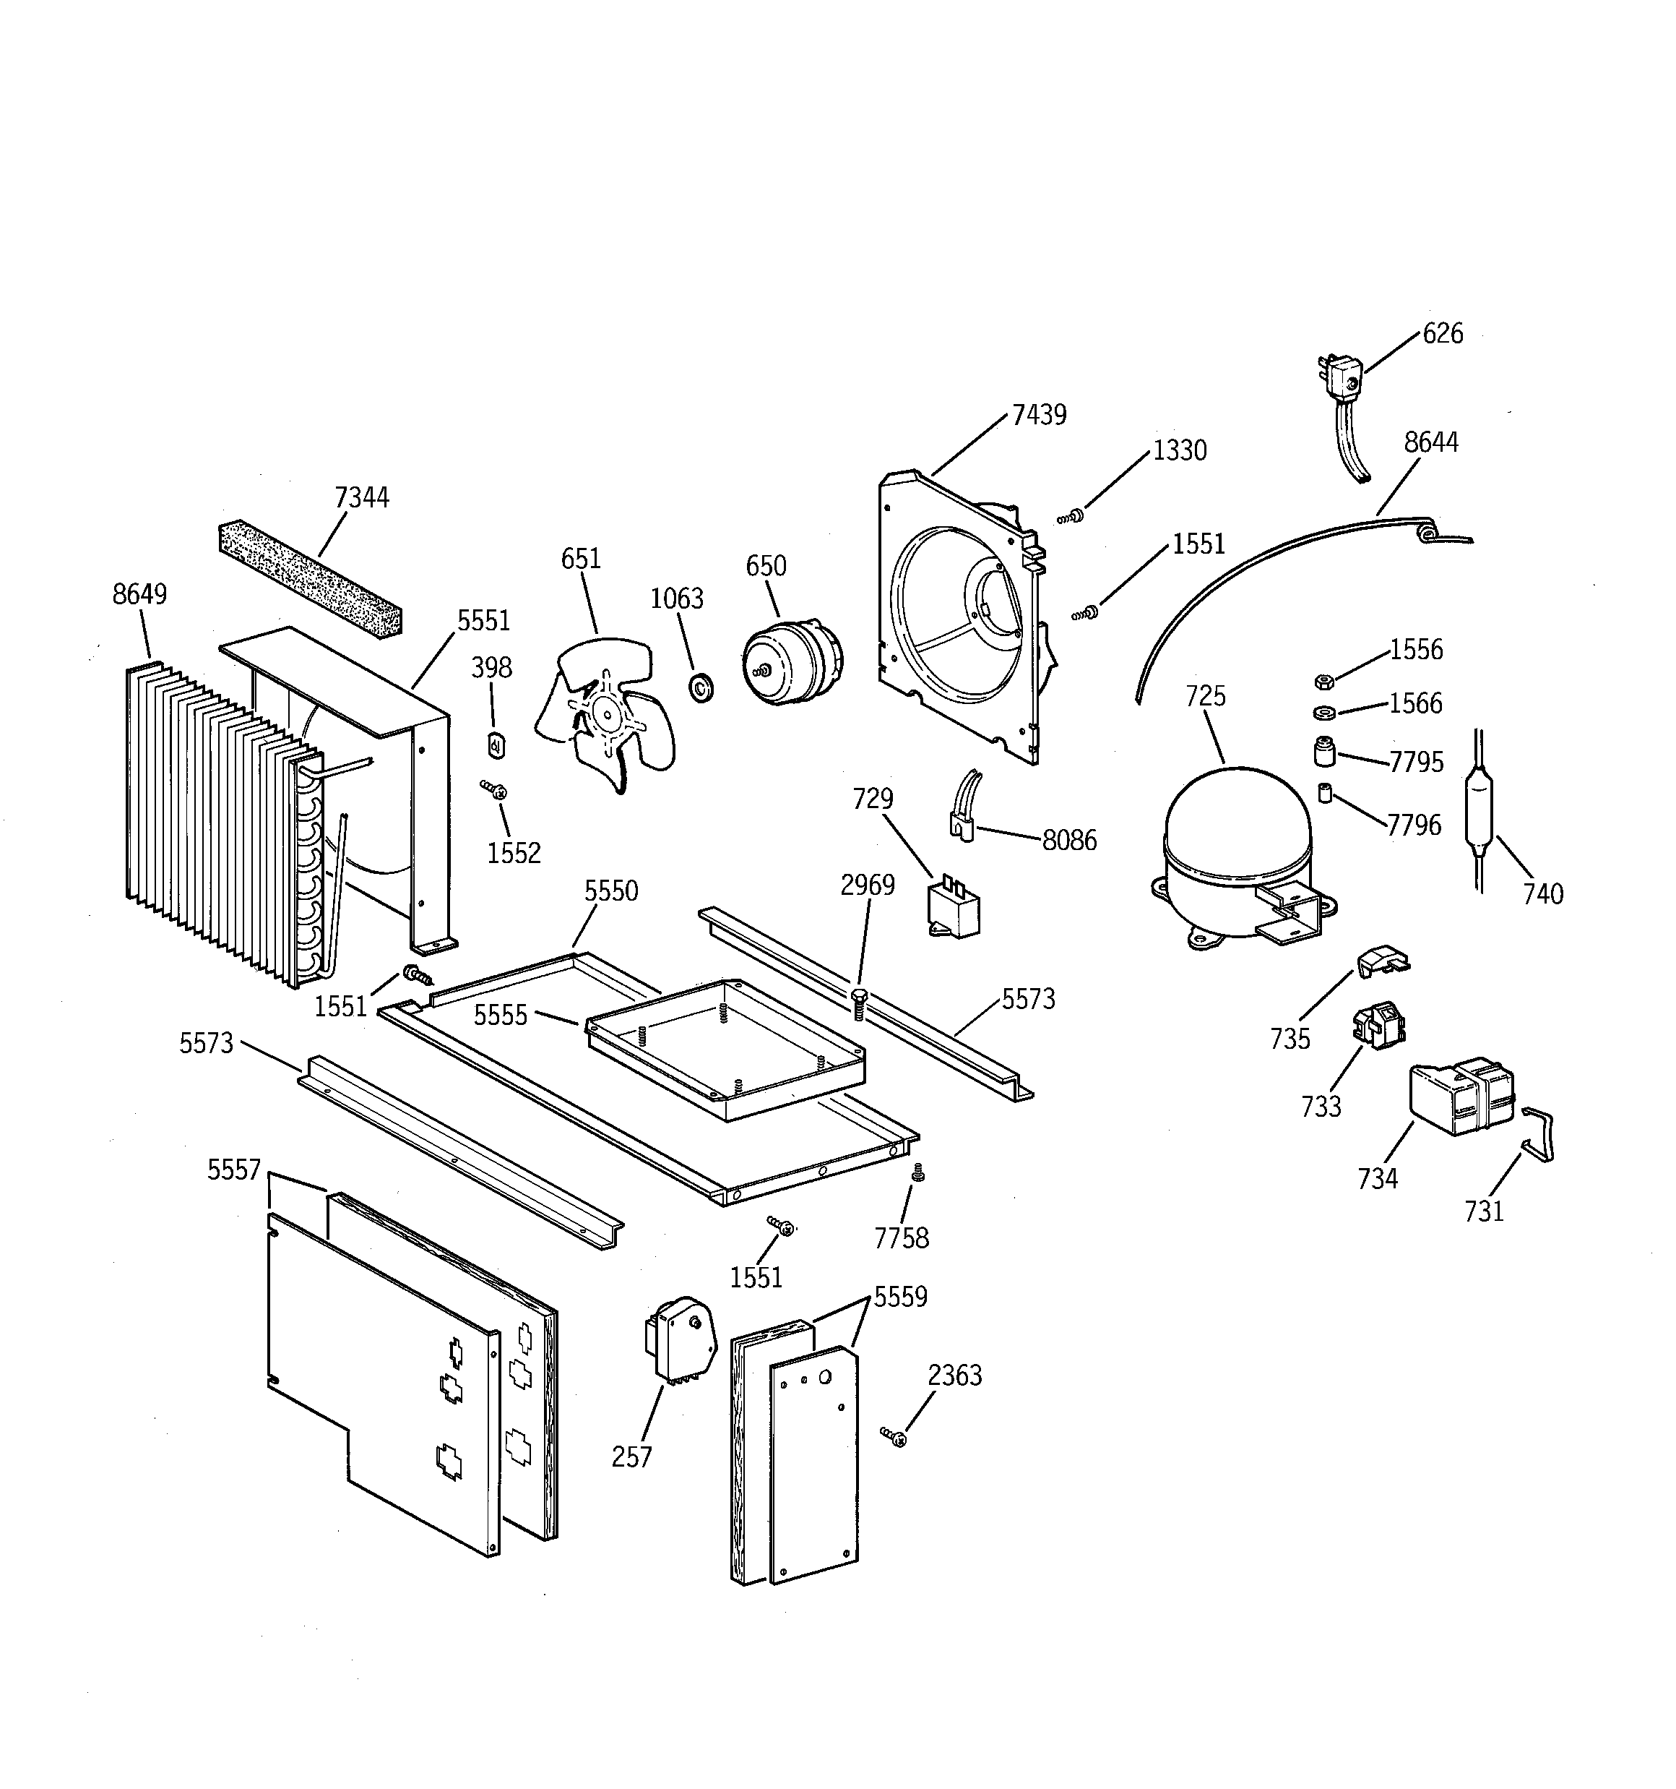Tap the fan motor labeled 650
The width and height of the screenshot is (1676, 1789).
pyautogui.click(x=792, y=661)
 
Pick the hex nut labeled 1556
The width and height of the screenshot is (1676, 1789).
pyautogui.click(x=1323, y=680)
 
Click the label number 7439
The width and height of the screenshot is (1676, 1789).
pyautogui.click(x=1038, y=415)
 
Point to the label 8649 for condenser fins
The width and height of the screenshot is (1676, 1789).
pyautogui.click(x=139, y=595)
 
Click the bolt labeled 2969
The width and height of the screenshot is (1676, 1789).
pyautogui.click(x=858, y=1000)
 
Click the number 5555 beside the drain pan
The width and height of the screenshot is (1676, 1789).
pyautogui.click(x=500, y=1015)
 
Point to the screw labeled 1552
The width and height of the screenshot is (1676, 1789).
pyautogui.click(x=495, y=790)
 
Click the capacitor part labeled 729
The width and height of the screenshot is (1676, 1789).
pyautogui.click(x=954, y=909)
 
